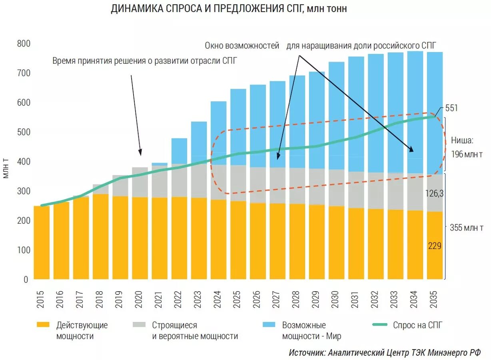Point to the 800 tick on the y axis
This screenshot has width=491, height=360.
(23, 44)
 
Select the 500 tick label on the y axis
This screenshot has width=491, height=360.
(23, 132)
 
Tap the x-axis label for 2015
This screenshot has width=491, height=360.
(41, 299)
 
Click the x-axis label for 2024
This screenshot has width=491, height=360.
(218, 299)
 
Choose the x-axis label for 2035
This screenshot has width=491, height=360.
(435, 299)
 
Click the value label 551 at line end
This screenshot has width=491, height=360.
(451, 108)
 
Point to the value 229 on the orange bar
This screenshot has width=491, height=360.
(434, 246)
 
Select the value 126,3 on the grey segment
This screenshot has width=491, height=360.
(435, 193)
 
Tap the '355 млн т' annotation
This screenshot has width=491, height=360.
(467, 228)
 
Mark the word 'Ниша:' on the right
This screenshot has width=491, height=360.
(462, 140)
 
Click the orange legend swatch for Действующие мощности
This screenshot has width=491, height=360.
(43, 325)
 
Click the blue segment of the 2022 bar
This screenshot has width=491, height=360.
(179, 151)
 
